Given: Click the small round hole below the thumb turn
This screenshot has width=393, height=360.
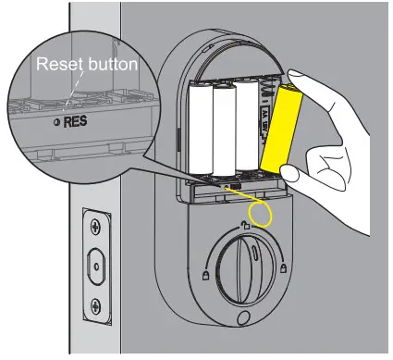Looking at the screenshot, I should [x=242, y=320].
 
